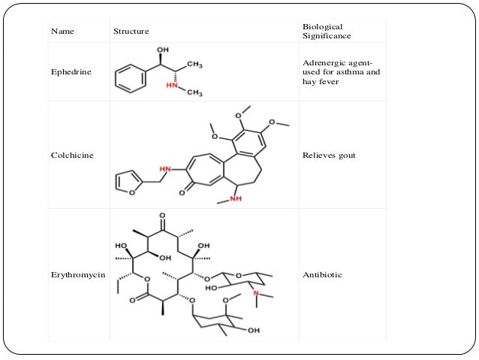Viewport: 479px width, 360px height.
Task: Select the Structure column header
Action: [x=131, y=31]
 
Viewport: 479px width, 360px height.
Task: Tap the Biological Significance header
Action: [x=322, y=31]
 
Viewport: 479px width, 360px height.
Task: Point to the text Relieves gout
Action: [x=327, y=156]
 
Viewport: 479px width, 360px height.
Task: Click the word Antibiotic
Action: [x=321, y=275]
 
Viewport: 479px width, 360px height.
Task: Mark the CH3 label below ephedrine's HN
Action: [x=194, y=93]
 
